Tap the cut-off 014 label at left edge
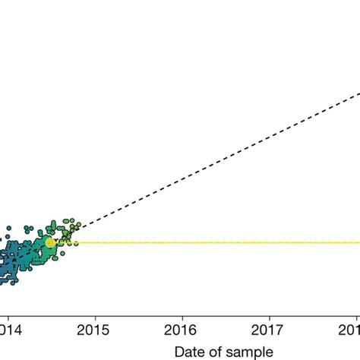8,331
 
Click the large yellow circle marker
50,243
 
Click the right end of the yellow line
358,243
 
